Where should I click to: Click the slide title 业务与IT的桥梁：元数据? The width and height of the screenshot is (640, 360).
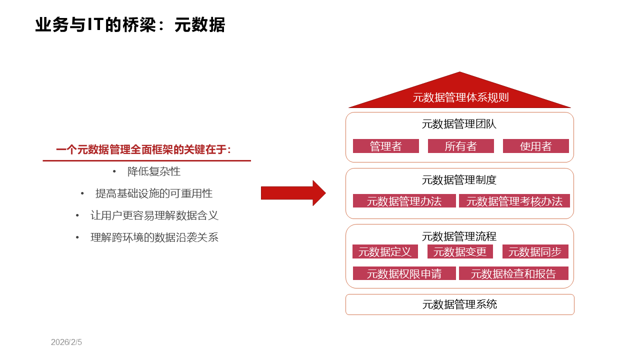(x=130, y=25)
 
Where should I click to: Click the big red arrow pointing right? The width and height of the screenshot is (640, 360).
(x=293, y=193)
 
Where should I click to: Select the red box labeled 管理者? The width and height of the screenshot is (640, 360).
(x=385, y=146)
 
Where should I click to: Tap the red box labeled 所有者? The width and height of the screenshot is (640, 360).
(x=460, y=146)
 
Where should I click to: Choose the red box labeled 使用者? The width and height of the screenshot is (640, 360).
(x=535, y=146)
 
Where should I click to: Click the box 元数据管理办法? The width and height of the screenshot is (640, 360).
(x=404, y=201)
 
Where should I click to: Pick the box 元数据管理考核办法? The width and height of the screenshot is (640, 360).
(x=514, y=201)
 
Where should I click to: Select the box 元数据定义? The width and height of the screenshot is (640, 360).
(x=385, y=251)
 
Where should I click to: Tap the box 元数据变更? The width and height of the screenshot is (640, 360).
(x=460, y=251)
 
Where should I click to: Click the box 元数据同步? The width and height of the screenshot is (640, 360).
(x=535, y=251)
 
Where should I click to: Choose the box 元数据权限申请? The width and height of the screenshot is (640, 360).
(x=404, y=273)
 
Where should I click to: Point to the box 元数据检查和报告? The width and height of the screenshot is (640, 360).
(x=513, y=273)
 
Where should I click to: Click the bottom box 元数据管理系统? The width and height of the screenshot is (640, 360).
(x=459, y=304)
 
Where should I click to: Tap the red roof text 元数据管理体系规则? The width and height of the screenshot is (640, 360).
(x=460, y=97)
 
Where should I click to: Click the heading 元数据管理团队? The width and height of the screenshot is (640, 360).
(x=459, y=124)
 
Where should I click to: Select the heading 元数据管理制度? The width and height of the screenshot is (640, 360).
(x=459, y=180)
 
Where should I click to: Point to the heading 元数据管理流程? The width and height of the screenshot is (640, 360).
(x=459, y=236)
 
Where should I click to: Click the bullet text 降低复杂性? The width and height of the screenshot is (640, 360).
(x=154, y=171)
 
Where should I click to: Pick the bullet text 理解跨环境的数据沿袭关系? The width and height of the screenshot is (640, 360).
(x=154, y=237)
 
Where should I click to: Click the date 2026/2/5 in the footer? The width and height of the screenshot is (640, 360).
(x=66, y=342)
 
